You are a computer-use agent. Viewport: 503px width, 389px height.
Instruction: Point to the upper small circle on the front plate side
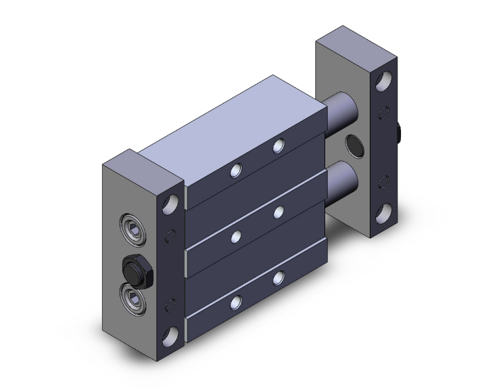click(170, 236)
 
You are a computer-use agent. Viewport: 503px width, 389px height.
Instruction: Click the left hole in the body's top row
click(234, 171)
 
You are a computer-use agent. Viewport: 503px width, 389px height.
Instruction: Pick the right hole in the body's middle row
click(277, 213)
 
